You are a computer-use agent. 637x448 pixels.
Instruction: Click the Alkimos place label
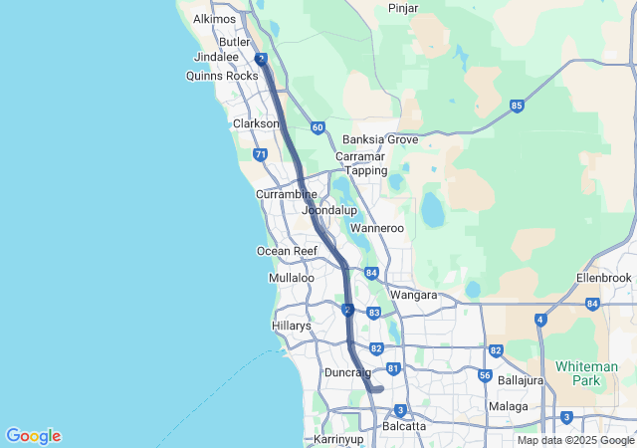[215, 19]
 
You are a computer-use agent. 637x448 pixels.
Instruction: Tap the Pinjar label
[403, 8]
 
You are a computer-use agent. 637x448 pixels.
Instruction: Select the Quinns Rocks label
[228, 76]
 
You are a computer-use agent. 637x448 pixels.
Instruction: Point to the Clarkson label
[256, 123]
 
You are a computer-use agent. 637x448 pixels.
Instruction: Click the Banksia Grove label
[380, 140]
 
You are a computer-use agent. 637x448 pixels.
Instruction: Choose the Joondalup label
[328, 211]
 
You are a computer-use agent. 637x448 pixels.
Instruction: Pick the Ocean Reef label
[287, 252]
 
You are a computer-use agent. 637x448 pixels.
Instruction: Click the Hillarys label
[292, 326]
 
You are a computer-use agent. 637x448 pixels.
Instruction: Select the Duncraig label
[348, 372]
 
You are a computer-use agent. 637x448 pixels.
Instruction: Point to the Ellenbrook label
[604, 278]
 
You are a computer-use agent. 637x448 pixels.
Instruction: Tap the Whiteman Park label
[586, 373]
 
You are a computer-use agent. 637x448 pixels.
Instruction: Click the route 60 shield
[317, 127]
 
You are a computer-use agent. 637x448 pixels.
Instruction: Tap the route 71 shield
[261, 154]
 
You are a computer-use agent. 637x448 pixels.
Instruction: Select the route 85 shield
[517, 106]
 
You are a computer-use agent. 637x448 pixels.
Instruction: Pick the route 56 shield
[485, 375]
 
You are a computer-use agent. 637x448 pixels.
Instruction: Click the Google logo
[33, 436]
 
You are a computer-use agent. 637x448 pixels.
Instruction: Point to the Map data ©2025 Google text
[575, 440]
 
